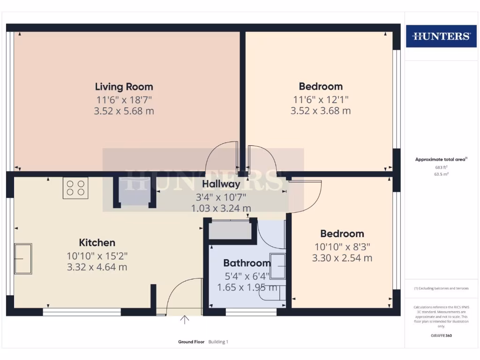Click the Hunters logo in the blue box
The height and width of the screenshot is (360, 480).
441,36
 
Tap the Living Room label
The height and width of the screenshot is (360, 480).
124,87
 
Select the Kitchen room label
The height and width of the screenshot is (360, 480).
97,243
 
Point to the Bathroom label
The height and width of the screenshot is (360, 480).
247,263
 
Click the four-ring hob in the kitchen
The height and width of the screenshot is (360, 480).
75,188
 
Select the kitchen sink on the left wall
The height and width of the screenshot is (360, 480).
23,258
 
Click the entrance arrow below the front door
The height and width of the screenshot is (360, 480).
185,320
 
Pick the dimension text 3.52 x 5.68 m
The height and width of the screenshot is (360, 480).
124,112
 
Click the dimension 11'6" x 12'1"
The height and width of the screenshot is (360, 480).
321,99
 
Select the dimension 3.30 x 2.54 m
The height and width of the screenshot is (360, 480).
342,258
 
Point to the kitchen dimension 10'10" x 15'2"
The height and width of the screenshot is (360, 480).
97,256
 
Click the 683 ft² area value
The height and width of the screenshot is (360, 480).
441,167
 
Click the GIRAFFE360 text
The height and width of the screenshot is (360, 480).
441,336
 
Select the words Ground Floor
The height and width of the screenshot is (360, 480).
191,342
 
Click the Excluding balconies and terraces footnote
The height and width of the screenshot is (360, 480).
441,288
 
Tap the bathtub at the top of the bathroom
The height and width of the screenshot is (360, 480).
230,230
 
